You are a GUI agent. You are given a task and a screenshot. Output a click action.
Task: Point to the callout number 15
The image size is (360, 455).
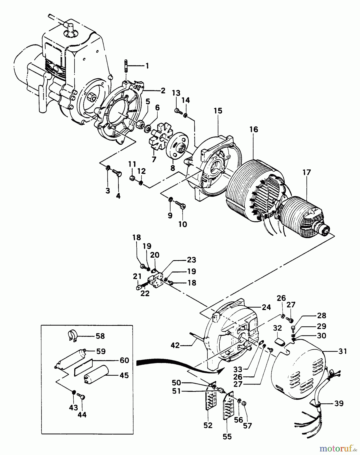(218, 111)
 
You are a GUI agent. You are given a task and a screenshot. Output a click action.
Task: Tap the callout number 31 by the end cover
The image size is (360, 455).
(342, 351)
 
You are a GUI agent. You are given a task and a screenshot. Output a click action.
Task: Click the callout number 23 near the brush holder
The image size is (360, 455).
(192, 260)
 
